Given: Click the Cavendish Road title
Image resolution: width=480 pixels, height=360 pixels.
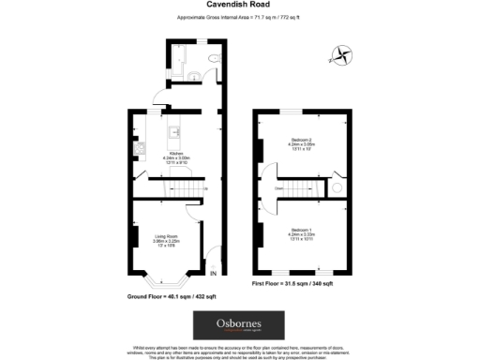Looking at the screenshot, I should [x=240, y=5].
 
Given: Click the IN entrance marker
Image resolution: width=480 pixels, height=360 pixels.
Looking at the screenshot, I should [x=213, y=274].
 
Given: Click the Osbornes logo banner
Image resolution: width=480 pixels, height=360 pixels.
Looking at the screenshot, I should [x=239, y=325].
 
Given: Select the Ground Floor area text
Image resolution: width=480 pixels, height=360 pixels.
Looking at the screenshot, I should [x=172, y=296].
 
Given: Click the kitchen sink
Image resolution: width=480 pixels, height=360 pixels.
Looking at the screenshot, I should [x=174, y=132].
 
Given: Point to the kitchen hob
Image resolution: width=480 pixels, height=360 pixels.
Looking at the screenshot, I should [x=138, y=147].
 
